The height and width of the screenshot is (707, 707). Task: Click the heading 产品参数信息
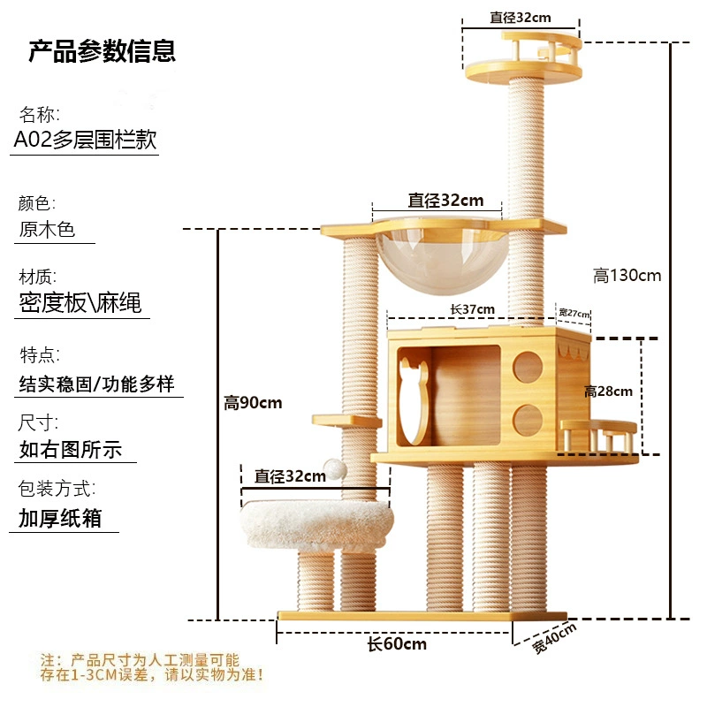coord(102,51)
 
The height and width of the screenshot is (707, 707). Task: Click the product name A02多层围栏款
coord(85,140)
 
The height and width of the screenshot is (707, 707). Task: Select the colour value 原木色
coord(47,229)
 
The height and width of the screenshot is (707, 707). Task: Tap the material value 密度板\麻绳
coord(80,302)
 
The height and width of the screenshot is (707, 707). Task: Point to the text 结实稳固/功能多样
coord(96,384)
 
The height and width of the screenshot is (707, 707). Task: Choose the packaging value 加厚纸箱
coord(60,518)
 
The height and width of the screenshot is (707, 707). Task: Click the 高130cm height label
coord(627,275)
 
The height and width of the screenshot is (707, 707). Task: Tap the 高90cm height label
coord(253,402)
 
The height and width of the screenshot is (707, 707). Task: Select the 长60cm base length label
coord(397,644)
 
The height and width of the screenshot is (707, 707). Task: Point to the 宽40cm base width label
coord(554,638)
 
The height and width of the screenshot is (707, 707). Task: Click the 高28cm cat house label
coord(608,391)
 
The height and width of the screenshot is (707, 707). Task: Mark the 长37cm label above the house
coord(472,309)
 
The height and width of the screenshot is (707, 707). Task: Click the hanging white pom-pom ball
coord(335,469)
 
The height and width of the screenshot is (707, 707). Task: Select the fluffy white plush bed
coord(317,526)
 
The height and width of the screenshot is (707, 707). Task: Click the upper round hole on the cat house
coord(528,367)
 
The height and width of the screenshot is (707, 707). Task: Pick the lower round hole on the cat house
coord(528,421)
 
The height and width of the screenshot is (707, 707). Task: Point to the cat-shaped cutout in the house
coord(414,400)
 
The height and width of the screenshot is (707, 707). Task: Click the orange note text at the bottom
coord(151,667)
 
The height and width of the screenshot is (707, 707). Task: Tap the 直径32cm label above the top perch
coord(521,18)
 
